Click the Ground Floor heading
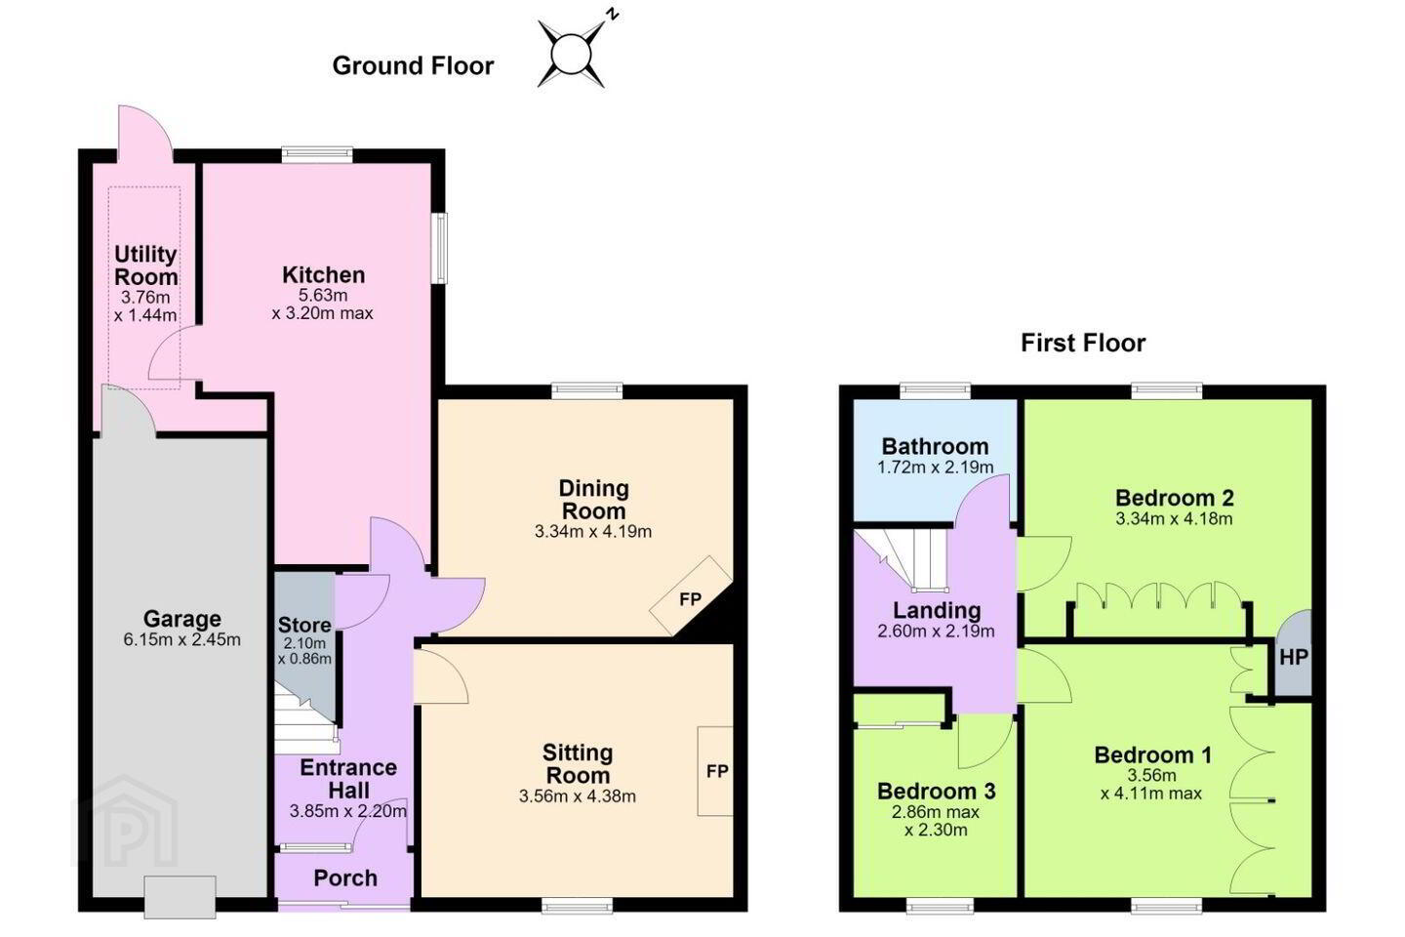pyautogui.click(x=413, y=66)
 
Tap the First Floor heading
pyautogui.click(x=1083, y=343)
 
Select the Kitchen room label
pyautogui.click(x=323, y=275)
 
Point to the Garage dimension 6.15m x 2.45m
pyautogui.click(x=181, y=640)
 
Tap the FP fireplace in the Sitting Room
pyautogui.click(x=716, y=771)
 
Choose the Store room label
pyautogui.click(x=304, y=625)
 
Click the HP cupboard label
pyautogui.click(x=1294, y=657)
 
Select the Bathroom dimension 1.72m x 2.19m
pyautogui.click(x=935, y=468)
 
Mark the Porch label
pyautogui.click(x=345, y=878)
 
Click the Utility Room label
pyautogui.click(x=145, y=265)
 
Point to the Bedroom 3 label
pyautogui.click(x=936, y=792)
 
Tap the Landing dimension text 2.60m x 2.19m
pyautogui.click(x=936, y=631)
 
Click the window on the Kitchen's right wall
pyautogui.click(x=442, y=248)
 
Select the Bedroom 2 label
pyautogui.click(x=1174, y=499)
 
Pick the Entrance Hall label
pyautogui.click(x=348, y=779)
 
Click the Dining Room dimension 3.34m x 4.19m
pyautogui.click(x=593, y=532)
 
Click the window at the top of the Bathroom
pyautogui.click(x=935, y=391)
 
